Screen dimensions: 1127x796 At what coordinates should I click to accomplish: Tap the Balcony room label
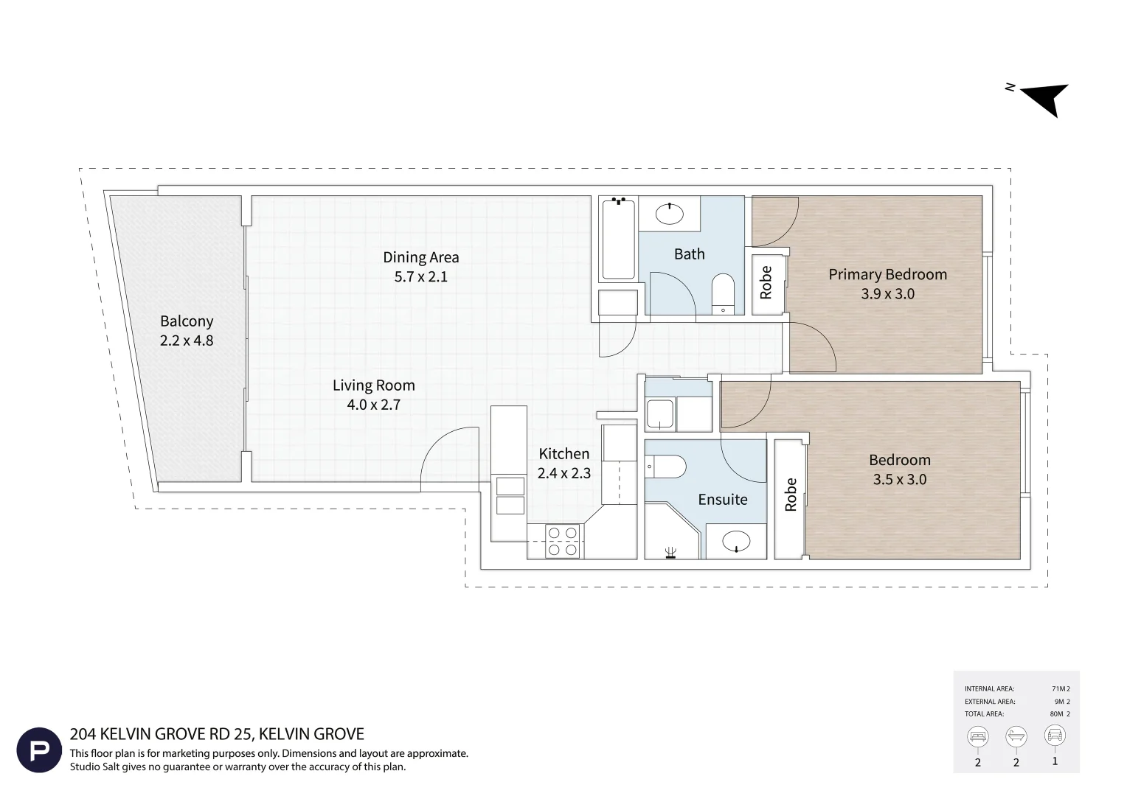click(x=187, y=321)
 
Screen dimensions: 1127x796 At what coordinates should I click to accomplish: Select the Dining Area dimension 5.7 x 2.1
click(x=420, y=276)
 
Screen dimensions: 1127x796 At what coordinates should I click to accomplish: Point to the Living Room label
click(x=374, y=385)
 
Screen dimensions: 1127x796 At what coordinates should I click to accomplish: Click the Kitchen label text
click(x=564, y=453)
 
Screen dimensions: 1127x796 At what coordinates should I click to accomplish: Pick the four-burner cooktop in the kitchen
click(x=563, y=542)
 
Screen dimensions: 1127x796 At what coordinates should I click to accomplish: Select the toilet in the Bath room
click(x=723, y=294)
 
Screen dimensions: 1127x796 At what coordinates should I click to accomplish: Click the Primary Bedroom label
click(x=887, y=275)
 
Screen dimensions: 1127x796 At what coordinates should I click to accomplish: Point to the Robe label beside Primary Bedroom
click(x=766, y=282)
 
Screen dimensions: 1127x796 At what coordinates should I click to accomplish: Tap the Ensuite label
click(x=723, y=499)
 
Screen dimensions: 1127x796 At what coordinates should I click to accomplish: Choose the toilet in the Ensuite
click(x=665, y=467)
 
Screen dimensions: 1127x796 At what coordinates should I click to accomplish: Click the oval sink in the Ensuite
click(x=736, y=541)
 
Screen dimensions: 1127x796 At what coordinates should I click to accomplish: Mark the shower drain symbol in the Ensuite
click(x=670, y=553)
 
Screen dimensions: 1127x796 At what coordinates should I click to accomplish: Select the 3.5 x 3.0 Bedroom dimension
click(x=900, y=479)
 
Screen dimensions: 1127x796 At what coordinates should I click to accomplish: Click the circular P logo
click(x=39, y=750)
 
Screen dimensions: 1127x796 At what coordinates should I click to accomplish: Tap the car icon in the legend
click(x=1055, y=735)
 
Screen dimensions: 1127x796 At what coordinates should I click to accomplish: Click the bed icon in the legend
click(x=977, y=736)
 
